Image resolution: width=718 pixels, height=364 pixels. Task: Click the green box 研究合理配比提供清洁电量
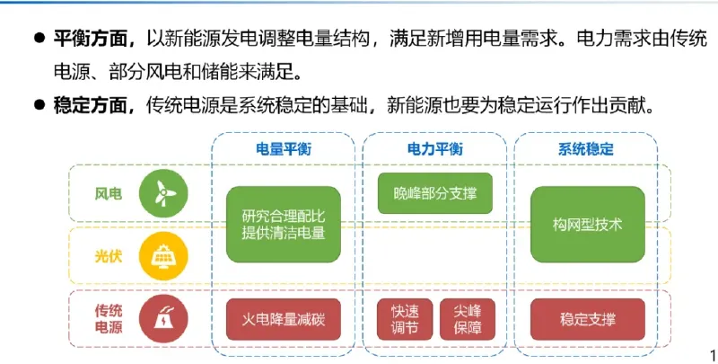pos(283,225)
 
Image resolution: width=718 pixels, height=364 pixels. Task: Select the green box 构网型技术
pos(588,225)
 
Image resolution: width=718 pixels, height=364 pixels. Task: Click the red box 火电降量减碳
pos(283,318)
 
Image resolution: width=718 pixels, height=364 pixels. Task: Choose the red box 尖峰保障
pos(467,318)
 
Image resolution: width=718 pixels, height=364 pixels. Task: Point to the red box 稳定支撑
pos(588,318)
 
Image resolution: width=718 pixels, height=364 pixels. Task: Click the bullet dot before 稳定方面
pos(39,105)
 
